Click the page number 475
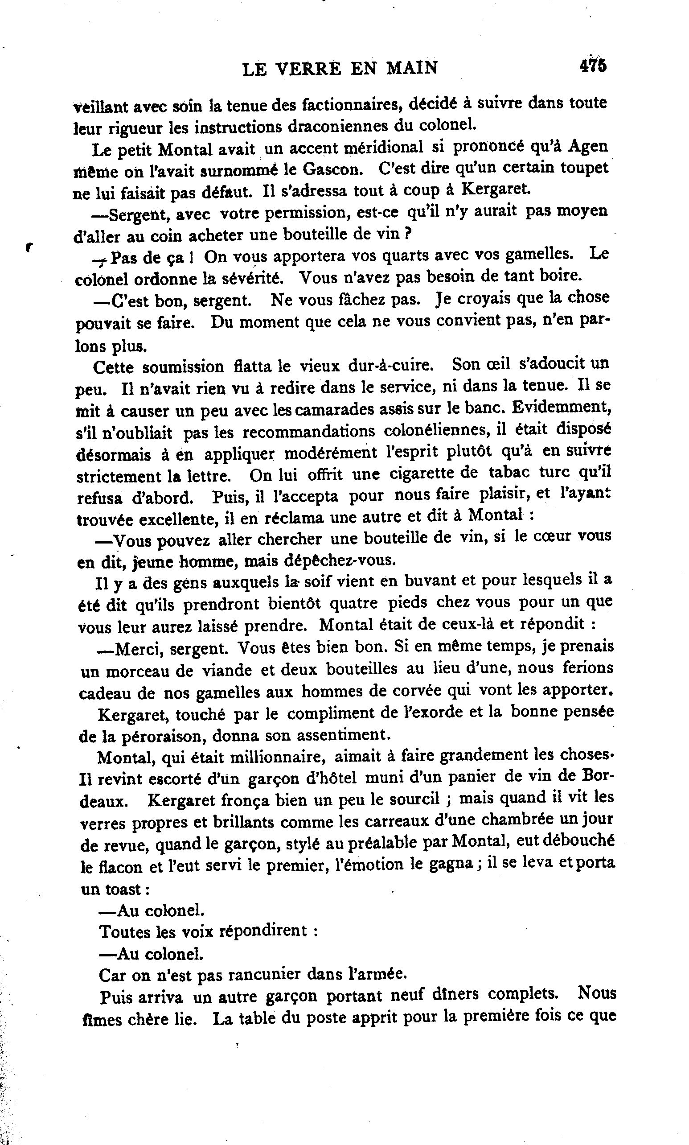(x=592, y=66)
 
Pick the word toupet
(x=582, y=168)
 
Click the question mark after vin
(x=409, y=234)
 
